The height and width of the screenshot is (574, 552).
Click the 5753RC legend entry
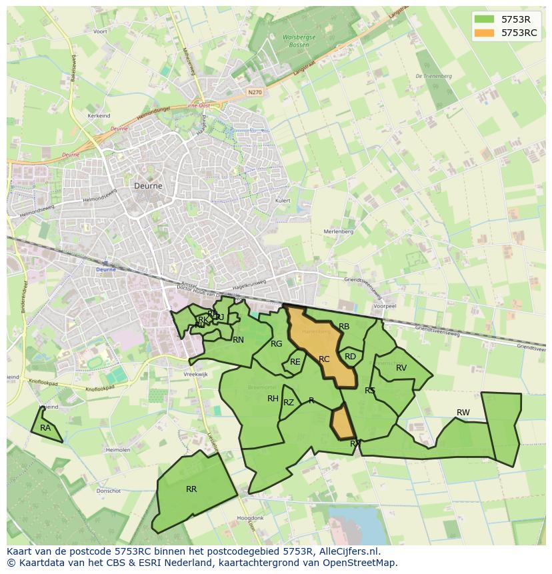click(519, 32)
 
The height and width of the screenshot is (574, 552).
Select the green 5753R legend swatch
click(485, 19)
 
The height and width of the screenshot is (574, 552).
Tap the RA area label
click(45, 428)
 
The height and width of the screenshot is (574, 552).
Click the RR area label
click(191, 489)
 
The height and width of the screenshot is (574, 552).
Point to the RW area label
click(463, 413)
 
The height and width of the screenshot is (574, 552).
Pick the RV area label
click(401, 368)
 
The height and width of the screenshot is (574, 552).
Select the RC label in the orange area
click(324, 359)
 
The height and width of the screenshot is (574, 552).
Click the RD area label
click(350, 357)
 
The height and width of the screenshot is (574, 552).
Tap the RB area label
click(344, 327)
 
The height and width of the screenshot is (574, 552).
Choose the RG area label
click(277, 344)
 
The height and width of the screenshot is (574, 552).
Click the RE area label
click(295, 362)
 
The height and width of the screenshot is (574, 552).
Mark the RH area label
click(273, 399)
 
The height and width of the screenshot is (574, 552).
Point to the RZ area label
click(289, 403)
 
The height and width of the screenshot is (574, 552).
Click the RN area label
click(238, 340)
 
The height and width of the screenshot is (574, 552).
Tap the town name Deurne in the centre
click(148, 187)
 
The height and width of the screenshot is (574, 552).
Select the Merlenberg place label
click(337, 231)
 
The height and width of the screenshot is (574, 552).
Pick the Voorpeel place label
click(385, 306)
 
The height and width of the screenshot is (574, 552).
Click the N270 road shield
click(253, 92)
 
